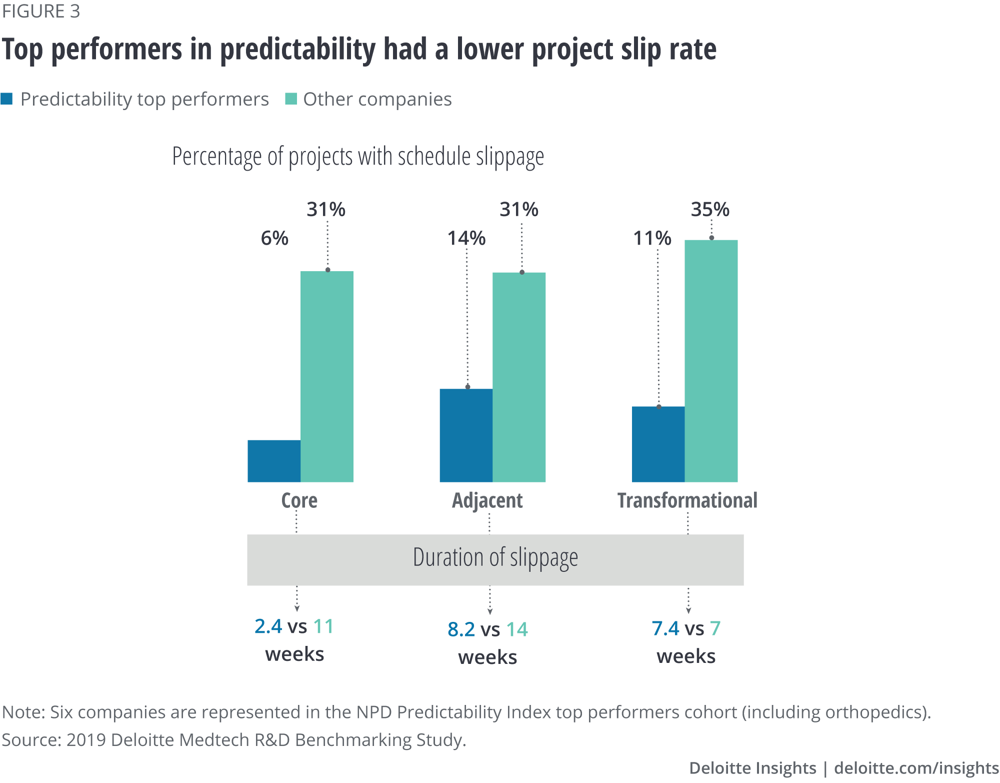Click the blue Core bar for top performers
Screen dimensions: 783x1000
274,461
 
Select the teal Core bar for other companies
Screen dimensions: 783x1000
327,376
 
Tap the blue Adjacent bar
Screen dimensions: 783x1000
466,435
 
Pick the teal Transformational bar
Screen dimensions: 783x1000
711,361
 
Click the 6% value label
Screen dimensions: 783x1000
274,238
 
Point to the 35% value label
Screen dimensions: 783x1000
710,209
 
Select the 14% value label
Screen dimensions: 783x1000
466,238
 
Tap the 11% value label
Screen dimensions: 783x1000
652,238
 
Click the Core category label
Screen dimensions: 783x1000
299,500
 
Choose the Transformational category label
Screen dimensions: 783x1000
687,500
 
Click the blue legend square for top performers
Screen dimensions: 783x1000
7,99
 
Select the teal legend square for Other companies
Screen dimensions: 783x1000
290,99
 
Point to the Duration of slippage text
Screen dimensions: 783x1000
495,557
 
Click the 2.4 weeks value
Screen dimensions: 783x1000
268,626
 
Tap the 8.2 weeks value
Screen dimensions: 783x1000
461,629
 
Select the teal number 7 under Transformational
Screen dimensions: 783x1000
715,628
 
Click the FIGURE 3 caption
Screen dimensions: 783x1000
41,11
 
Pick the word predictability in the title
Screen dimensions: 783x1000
297,50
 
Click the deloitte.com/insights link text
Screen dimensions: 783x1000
916,768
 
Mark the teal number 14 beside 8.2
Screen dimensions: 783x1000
517,629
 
